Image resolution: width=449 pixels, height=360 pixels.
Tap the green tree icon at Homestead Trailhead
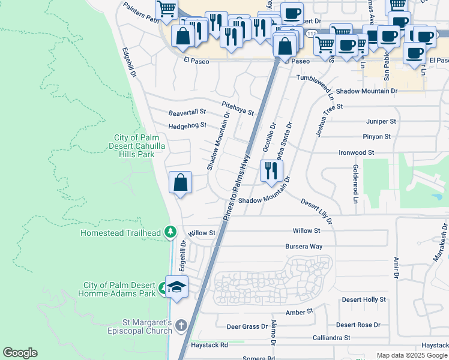[x=171, y=232]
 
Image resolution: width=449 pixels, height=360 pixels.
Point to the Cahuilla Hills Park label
[x=132, y=146]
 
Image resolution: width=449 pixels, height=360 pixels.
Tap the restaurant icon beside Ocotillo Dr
[x=271, y=171]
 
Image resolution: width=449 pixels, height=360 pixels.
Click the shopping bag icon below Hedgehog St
[x=181, y=183]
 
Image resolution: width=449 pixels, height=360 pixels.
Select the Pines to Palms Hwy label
[x=237, y=186]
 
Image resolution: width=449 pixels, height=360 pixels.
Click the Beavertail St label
[x=187, y=112]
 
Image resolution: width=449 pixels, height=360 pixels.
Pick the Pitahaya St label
[x=238, y=108]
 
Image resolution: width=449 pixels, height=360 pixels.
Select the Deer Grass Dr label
[x=247, y=326]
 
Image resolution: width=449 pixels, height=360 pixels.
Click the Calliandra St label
[x=330, y=338]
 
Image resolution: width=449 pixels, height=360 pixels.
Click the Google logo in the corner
[x=20, y=353]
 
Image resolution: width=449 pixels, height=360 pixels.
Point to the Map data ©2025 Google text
[x=411, y=355]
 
